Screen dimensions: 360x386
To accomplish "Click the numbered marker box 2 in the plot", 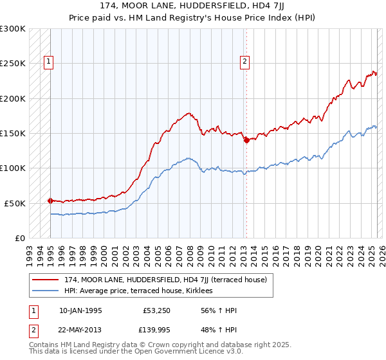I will (245, 62).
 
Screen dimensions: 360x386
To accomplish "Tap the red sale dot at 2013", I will (246, 141).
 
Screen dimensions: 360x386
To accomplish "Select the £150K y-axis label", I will (13, 134).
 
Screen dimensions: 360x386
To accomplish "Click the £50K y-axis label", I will (15, 203).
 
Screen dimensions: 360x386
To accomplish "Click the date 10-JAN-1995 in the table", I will (80, 311).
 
